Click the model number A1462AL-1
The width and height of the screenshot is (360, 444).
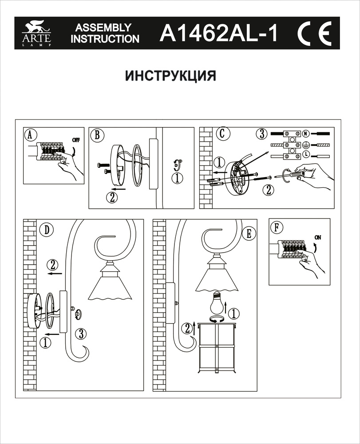click(218, 33)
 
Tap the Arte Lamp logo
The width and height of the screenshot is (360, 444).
click(37, 34)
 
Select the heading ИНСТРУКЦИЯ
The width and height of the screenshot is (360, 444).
click(170, 75)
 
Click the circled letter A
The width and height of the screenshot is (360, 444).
click(29, 135)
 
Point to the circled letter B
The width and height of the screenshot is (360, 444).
click(97, 135)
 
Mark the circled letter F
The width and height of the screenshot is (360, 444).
click(277, 228)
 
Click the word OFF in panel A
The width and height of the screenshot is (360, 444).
click(76, 139)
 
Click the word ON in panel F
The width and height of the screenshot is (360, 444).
click(317, 237)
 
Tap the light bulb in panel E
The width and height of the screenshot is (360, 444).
click(216, 304)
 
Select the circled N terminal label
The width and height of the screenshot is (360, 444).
click(306, 134)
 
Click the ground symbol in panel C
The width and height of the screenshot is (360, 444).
click(306, 144)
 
